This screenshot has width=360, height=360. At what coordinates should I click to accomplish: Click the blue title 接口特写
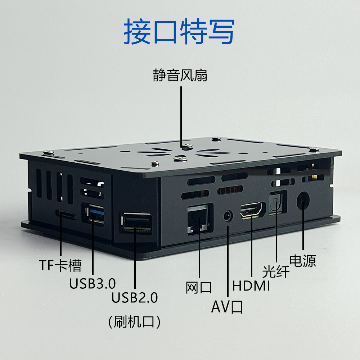(x=179, y=31)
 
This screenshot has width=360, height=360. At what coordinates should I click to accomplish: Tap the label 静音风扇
(x=180, y=75)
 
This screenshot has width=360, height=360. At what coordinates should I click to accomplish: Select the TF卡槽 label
(x=60, y=265)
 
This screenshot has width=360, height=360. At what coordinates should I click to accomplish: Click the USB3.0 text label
(x=92, y=284)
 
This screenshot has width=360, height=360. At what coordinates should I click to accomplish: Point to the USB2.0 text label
(x=135, y=298)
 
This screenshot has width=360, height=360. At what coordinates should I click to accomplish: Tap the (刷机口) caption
(x=134, y=321)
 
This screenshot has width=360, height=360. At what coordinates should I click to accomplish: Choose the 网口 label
(x=199, y=287)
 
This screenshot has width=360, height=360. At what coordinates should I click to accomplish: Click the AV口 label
(x=227, y=307)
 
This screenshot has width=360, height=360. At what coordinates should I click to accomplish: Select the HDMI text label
(x=251, y=286)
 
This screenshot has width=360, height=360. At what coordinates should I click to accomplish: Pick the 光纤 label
(x=276, y=272)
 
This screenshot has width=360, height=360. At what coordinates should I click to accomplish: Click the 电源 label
(x=303, y=261)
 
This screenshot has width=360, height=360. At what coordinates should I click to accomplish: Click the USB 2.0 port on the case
(x=136, y=222)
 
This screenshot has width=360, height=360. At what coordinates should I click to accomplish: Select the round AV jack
(x=228, y=216)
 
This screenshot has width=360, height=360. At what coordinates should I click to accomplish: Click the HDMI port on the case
(x=251, y=210)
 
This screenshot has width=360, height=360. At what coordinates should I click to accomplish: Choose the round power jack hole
(x=303, y=201)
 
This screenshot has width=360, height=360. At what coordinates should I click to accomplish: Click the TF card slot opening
(x=66, y=214)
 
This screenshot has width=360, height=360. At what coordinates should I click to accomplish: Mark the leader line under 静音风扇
(x=181, y=117)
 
